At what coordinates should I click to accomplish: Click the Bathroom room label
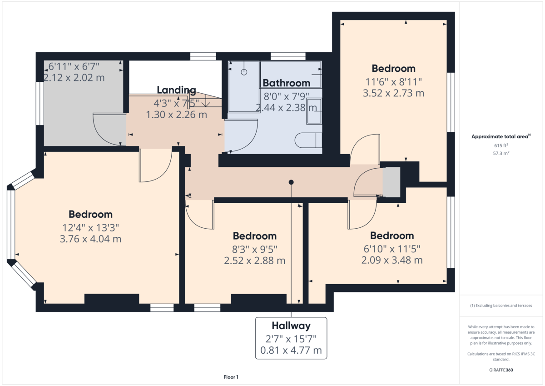pyautogui.click(x=286, y=83)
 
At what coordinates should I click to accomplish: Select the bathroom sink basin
pyautogui.click(x=314, y=110)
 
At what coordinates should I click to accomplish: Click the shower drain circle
pyautogui.click(x=244, y=72)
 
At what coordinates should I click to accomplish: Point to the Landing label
pyautogui.click(x=176, y=90)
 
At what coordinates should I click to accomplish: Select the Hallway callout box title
pyautogui.click(x=291, y=326)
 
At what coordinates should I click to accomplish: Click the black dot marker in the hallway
pyautogui.click(x=291, y=182)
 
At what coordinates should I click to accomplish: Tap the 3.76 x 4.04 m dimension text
pyautogui.click(x=90, y=239)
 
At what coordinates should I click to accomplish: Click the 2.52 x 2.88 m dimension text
pyautogui.click(x=254, y=261)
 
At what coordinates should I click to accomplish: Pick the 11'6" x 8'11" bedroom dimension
pyautogui.click(x=393, y=82)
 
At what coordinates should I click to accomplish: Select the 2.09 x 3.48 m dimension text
pyautogui.click(x=392, y=260)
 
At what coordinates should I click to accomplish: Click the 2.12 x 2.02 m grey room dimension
pyautogui.click(x=74, y=78)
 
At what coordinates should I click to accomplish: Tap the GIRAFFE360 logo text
pyautogui.click(x=501, y=370)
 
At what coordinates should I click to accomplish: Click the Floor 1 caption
pyautogui.click(x=231, y=377)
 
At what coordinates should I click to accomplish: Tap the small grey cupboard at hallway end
pyautogui.click(x=391, y=182)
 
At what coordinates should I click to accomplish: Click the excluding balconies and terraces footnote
pyautogui.click(x=501, y=306)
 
